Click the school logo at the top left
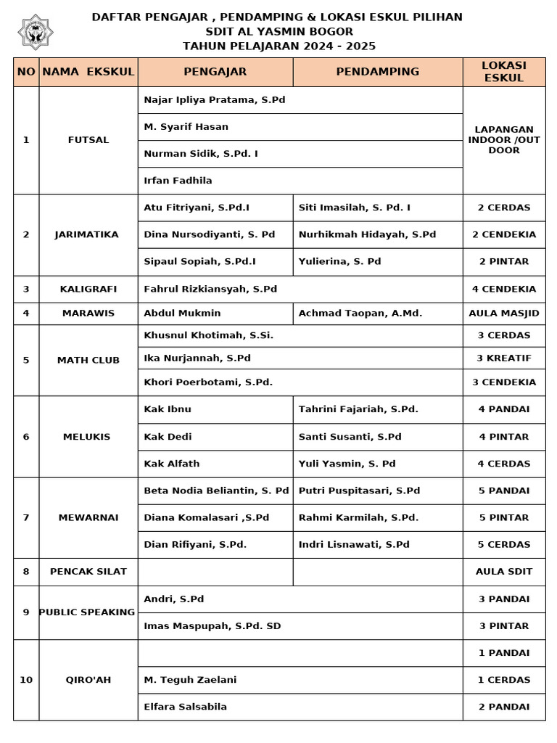(x=36, y=32)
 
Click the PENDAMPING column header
(x=378, y=72)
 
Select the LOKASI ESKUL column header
(x=504, y=72)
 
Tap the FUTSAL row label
(x=88, y=140)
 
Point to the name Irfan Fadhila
(x=178, y=181)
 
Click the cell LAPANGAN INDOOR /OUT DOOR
(x=504, y=140)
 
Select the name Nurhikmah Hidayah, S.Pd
(x=367, y=234)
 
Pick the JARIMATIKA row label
(x=86, y=234)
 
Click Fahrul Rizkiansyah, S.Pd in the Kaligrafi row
(x=210, y=289)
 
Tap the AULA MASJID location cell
(x=504, y=313)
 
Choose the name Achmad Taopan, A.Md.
(x=360, y=313)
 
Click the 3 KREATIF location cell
(x=504, y=358)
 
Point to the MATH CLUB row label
(x=88, y=360)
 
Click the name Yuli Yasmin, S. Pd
(x=347, y=464)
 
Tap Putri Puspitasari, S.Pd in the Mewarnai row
(x=359, y=490)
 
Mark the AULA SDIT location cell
(x=504, y=571)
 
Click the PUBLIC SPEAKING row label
(x=87, y=612)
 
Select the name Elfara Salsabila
(x=185, y=707)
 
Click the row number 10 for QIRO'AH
(x=26, y=680)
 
